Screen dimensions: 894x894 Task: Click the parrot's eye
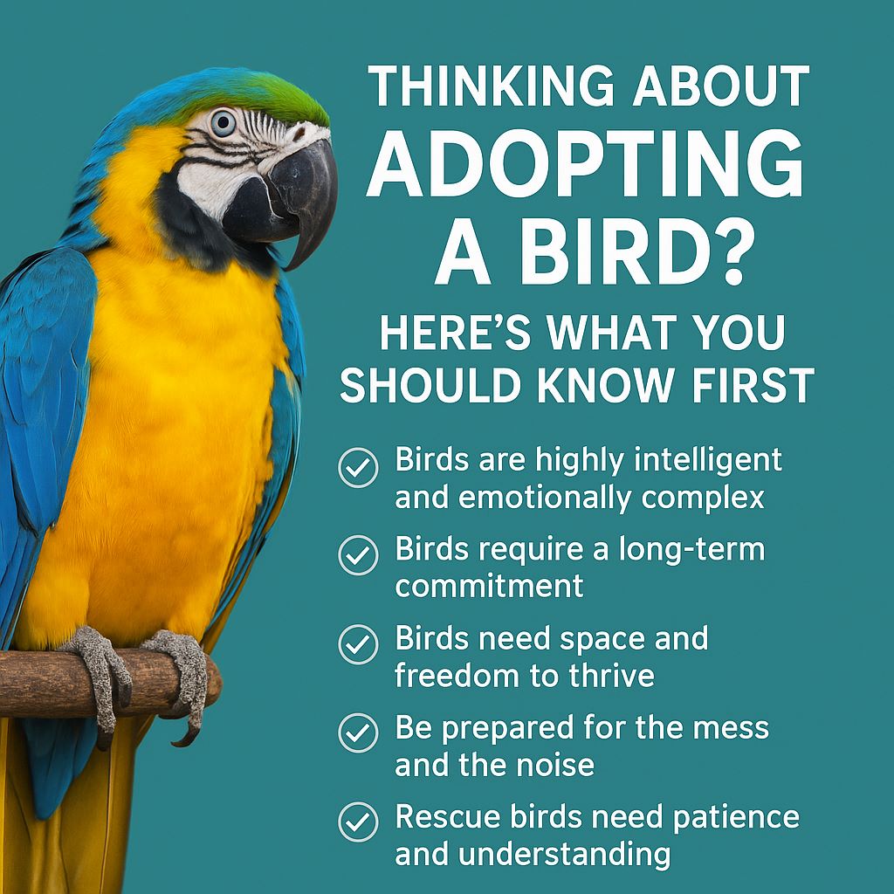point(223,122)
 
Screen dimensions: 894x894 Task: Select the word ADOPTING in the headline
point(585,165)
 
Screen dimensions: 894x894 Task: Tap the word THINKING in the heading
point(491,86)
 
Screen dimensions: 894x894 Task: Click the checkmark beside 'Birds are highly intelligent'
point(358,468)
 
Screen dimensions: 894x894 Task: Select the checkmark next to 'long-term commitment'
point(358,554)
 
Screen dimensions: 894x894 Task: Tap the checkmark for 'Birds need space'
point(358,644)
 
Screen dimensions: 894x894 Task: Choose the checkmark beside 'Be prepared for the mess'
point(358,732)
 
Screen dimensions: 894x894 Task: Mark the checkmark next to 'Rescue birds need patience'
point(358,822)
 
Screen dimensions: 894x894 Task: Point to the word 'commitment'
point(489,586)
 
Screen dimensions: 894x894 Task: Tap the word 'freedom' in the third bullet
point(457,675)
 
